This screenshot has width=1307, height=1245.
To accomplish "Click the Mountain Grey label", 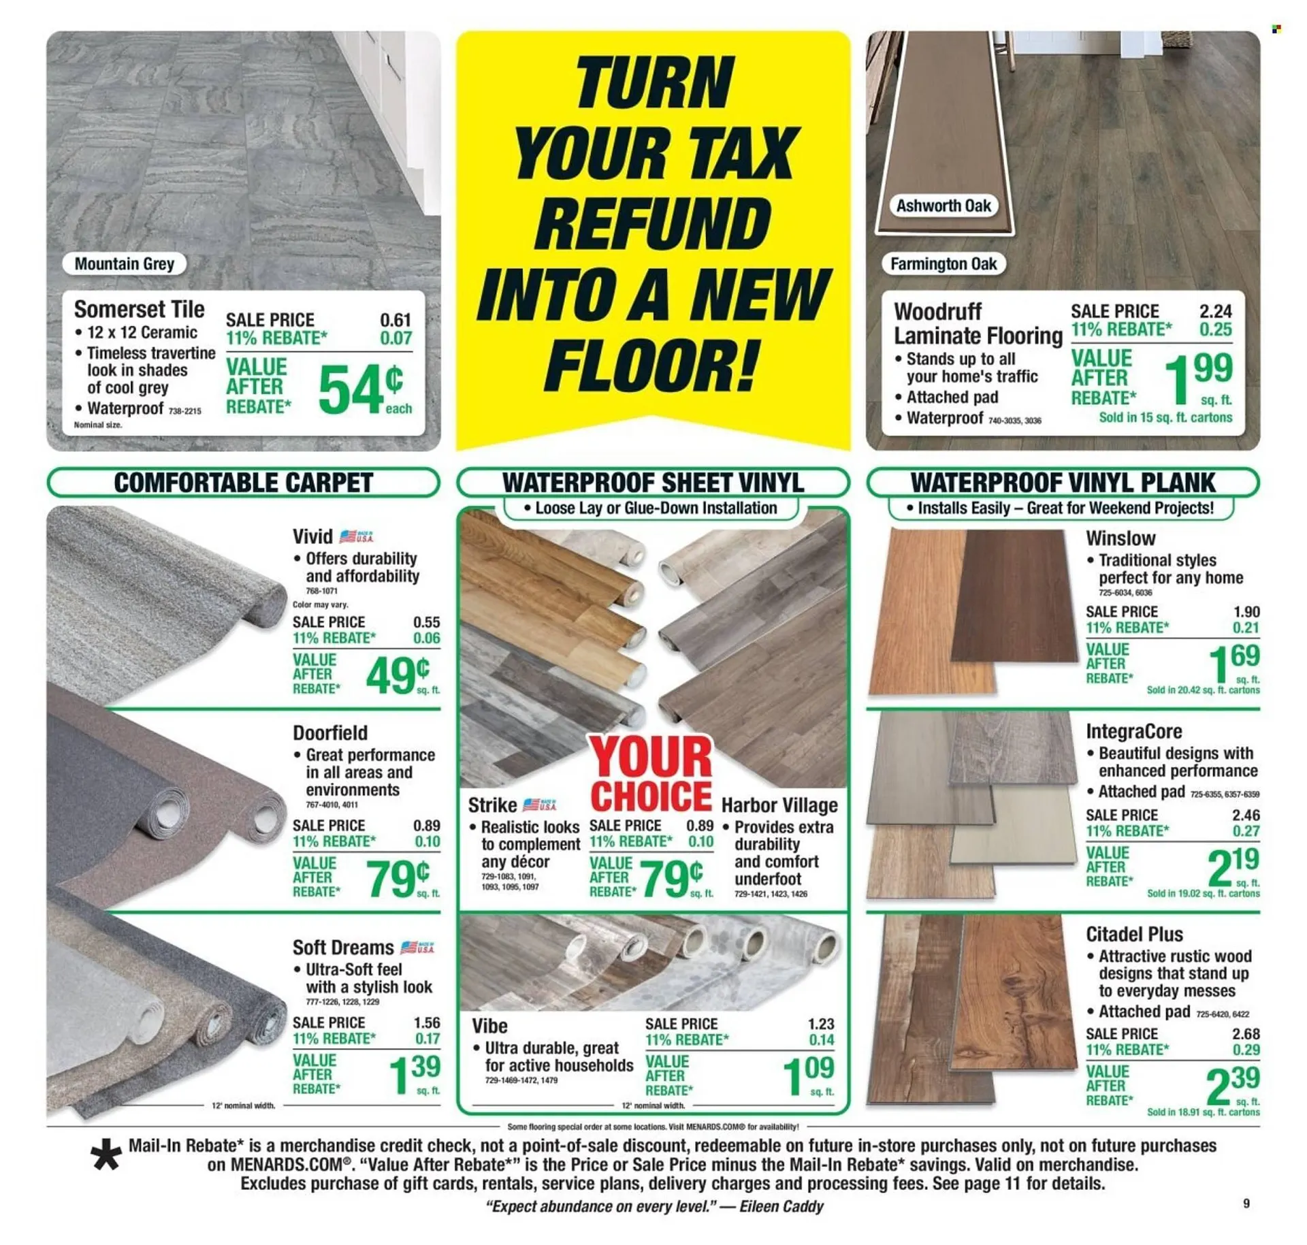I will (x=124, y=263).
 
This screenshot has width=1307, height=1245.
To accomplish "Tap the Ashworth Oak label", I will (x=943, y=206).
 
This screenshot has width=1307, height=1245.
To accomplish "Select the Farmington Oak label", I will (x=943, y=263).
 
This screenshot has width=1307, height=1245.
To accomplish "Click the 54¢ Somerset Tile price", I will (x=364, y=389).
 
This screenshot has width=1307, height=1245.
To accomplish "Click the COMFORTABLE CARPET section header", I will (x=243, y=483).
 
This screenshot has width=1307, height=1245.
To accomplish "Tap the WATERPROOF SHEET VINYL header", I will (x=653, y=483).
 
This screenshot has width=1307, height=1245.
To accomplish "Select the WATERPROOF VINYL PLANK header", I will (x=1063, y=483).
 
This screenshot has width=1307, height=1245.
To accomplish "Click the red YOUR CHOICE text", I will (x=651, y=775).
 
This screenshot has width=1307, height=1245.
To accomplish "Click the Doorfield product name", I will (x=330, y=732).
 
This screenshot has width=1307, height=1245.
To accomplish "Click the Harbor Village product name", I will (x=779, y=805).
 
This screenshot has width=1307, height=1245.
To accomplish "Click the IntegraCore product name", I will (x=1134, y=731).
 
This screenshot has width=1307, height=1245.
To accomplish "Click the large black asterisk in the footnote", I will (x=106, y=1155).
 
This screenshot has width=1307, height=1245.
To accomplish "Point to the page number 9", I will (x=1246, y=1203).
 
